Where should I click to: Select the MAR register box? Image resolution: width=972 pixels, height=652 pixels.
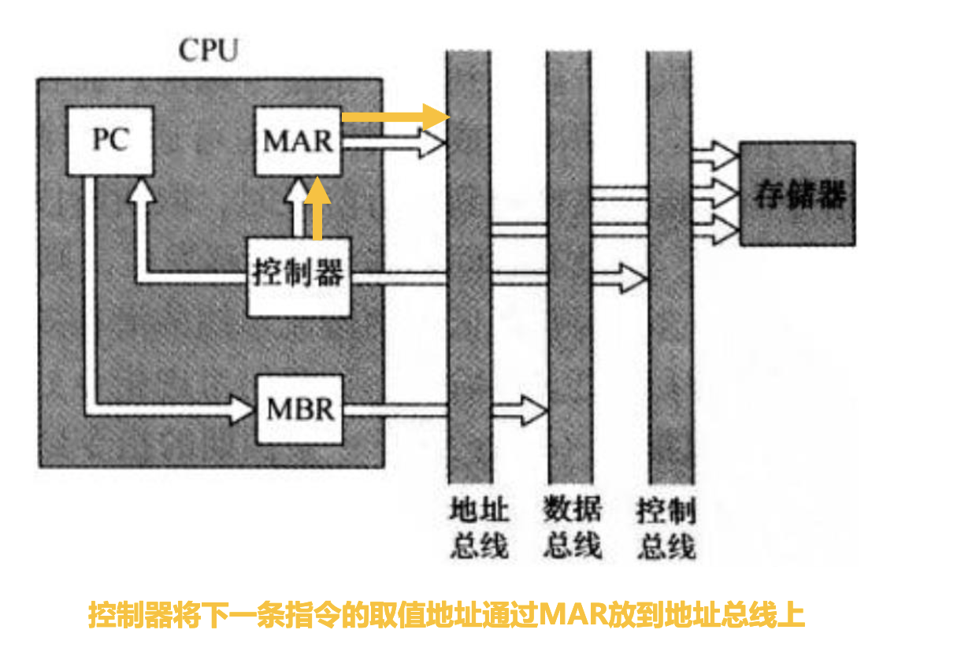pyautogui.click(x=299, y=142)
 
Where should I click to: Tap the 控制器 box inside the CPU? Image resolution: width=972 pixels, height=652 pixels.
pyautogui.click(x=299, y=276)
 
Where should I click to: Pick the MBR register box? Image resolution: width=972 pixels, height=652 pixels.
pyautogui.click(x=300, y=409)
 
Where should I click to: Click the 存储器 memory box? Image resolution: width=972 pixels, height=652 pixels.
pyautogui.click(x=797, y=194)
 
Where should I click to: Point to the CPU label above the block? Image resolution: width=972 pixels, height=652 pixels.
pyautogui.click(x=208, y=51)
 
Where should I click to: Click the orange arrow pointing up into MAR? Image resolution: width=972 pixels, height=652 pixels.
pyautogui.click(x=317, y=209)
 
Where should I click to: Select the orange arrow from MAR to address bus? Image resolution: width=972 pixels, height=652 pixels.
pyautogui.click(x=394, y=116)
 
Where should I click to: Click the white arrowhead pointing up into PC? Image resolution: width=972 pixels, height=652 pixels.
pyautogui.click(x=142, y=189)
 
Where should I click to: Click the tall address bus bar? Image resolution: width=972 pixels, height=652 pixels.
pyautogui.click(x=469, y=315)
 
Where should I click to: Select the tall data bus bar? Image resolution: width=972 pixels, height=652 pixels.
pyautogui.click(x=569, y=315)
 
